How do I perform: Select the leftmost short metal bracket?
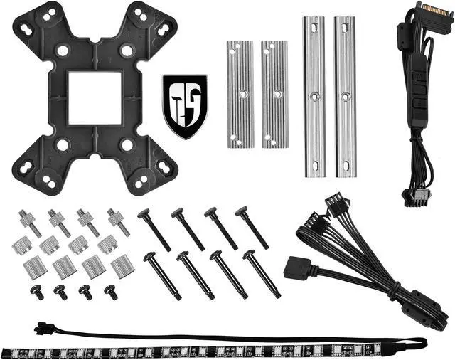[240, 94]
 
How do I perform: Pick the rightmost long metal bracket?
[345, 97]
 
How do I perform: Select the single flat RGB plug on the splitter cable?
[295, 268]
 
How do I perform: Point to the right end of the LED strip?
[419, 344]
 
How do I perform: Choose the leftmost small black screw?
[37, 292]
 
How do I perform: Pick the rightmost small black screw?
[111, 292]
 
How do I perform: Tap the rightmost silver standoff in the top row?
[118, 221]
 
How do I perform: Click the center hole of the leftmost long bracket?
[314, 95]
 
